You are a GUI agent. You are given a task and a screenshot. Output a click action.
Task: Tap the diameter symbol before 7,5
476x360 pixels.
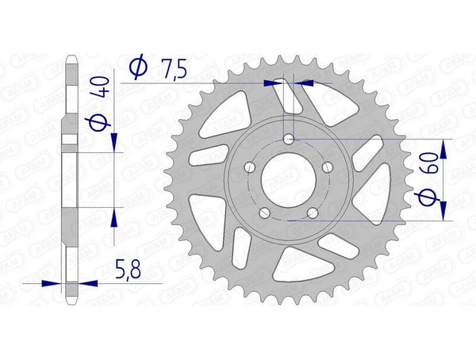tap(136, 69)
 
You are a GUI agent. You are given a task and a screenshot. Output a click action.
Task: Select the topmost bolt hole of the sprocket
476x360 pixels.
tap(288, 140)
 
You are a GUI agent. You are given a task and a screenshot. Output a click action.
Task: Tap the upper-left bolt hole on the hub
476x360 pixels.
tap(250, 168)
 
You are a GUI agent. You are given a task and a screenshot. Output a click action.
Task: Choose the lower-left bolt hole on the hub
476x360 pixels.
tap(264, 213)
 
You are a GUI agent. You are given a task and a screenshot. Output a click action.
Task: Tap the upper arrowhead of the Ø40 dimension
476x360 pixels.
tap(116, 142)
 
